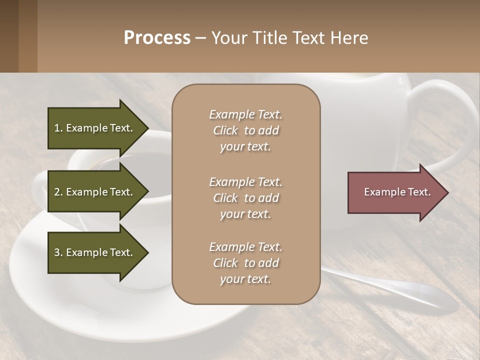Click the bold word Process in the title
pos(157,38)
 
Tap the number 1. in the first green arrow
pos(58,128)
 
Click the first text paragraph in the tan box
pos(245,130)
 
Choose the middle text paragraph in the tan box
pos(245,198)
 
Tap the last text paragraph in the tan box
pos(245,263)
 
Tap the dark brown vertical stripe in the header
pos(9,36)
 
